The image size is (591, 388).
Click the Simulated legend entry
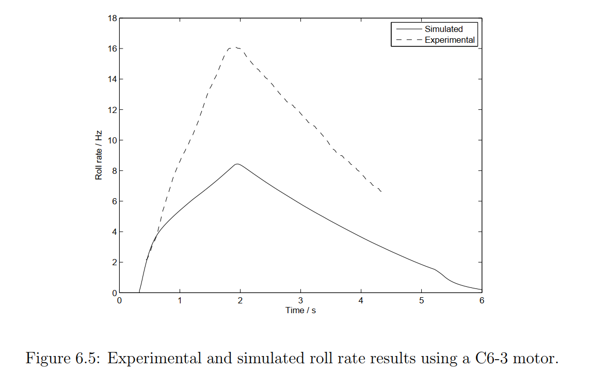[443, 29]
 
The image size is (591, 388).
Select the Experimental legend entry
[449, 40]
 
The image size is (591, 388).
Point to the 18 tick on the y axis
[111, 19]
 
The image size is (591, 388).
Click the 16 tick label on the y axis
[111, 49]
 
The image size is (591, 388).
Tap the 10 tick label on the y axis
[111, 140]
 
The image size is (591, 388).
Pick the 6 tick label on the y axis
[114, 201]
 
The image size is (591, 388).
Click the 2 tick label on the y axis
[114, 263]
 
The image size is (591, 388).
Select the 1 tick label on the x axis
[180, 300]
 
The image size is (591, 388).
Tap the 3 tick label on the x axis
[300, 300]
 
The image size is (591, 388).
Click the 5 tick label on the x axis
[421, 300]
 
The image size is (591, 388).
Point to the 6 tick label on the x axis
[482, 300]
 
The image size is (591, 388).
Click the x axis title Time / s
[300, 310]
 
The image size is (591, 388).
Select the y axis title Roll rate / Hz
[98, 155]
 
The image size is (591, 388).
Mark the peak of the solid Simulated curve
[237, 164]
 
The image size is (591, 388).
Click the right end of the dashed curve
[381, 192]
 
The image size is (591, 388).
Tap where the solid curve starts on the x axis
[139, 293]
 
